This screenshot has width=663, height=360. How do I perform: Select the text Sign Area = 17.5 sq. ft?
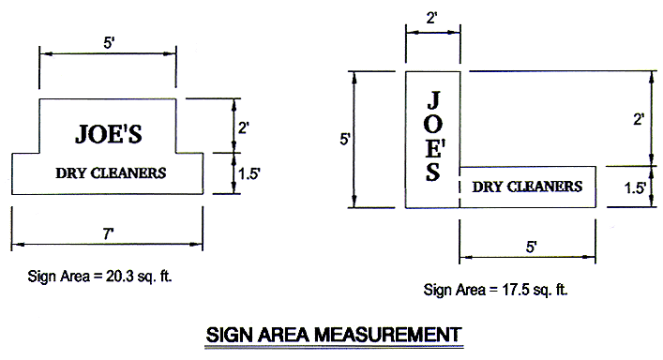coord(496,289)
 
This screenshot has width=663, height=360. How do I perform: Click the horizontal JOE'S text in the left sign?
coord(108,133)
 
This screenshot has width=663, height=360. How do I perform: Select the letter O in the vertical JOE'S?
coord(433,125)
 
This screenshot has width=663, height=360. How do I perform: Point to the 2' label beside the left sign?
coord(243,126)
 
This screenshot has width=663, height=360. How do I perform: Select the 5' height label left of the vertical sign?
coord(345,139)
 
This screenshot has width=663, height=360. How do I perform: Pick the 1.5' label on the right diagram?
coord(635,187)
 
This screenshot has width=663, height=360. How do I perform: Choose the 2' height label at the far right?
coord(639,119)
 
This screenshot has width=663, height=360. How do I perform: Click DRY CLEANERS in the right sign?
coord(526,187)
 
